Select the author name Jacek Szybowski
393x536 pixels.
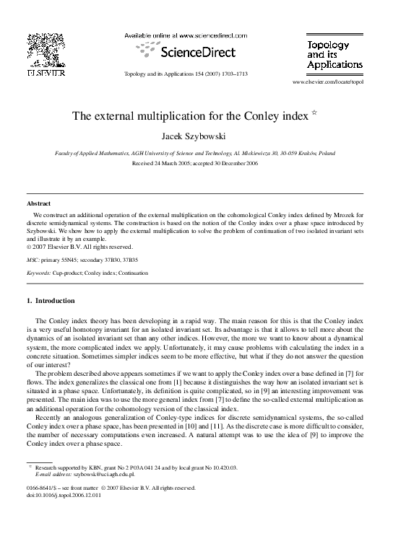click(196, 137)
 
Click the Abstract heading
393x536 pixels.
click(38, 204)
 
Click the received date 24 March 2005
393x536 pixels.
click(176, 164)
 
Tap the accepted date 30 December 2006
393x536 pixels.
click(238, 164)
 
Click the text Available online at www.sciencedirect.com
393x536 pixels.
click(186, 36)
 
